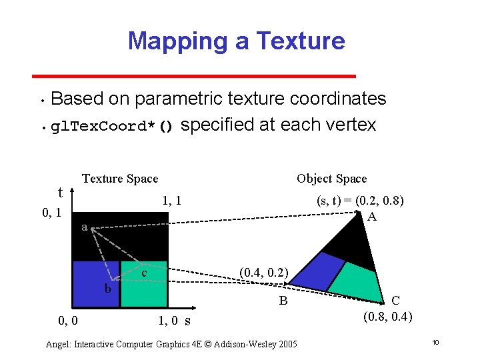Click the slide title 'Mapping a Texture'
(236, 41)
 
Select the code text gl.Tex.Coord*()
(113, 127)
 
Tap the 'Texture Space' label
(120, 179)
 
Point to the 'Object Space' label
(331, 179)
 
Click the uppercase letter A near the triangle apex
(371, 217)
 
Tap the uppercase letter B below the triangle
(283, 301)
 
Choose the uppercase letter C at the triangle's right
(396, 301)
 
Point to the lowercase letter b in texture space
(107, 289)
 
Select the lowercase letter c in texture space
(143, 273)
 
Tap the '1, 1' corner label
(172, 201)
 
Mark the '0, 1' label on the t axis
(51, 213)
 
